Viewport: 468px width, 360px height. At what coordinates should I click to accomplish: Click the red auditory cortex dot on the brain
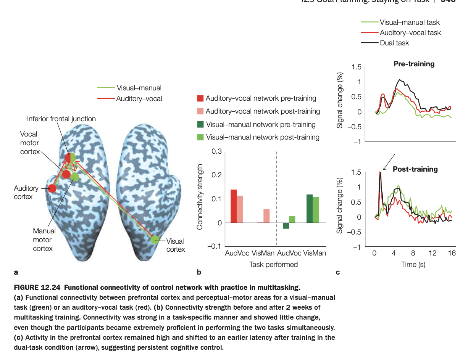pos(52,188)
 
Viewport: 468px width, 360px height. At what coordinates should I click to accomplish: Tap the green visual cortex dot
pos(155,239)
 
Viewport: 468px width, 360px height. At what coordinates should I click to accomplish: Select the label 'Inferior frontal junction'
pos(61,119)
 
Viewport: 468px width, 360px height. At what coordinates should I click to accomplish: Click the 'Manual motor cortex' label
pos(44,240)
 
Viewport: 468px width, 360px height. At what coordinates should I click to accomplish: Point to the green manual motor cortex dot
pos(75,177)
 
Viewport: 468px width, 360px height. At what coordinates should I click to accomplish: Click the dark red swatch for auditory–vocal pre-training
pos(200,98)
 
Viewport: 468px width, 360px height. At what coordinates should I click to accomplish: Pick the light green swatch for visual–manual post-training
pos(200,137)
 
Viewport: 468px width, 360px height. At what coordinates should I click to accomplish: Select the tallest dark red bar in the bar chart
pos(233,206)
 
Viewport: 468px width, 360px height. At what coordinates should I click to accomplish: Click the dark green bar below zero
pos(286,226)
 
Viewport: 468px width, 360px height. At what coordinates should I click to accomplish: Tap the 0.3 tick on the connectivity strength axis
pos(216,152)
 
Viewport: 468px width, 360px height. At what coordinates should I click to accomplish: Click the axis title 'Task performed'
pos(273,264)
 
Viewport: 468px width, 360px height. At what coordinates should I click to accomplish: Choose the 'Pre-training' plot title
pos(414,64)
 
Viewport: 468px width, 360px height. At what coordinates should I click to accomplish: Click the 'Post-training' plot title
pos(415,169)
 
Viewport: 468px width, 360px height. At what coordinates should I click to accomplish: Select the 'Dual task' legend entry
pos(394,43)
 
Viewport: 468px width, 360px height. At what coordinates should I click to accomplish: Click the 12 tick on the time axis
pos(432,253)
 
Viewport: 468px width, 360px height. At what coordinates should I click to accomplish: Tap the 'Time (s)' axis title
pos(413,264)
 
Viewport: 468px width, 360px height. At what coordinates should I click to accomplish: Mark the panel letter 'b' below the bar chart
pos(198,272)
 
